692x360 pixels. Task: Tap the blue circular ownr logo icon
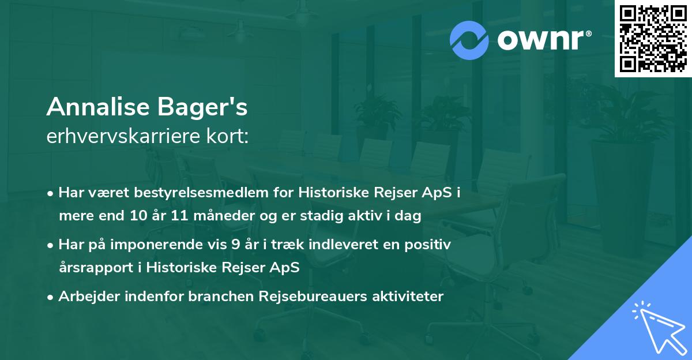point(469,40)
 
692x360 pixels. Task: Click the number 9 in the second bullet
point(235,245)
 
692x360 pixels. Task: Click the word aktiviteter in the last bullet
point(407,297)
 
